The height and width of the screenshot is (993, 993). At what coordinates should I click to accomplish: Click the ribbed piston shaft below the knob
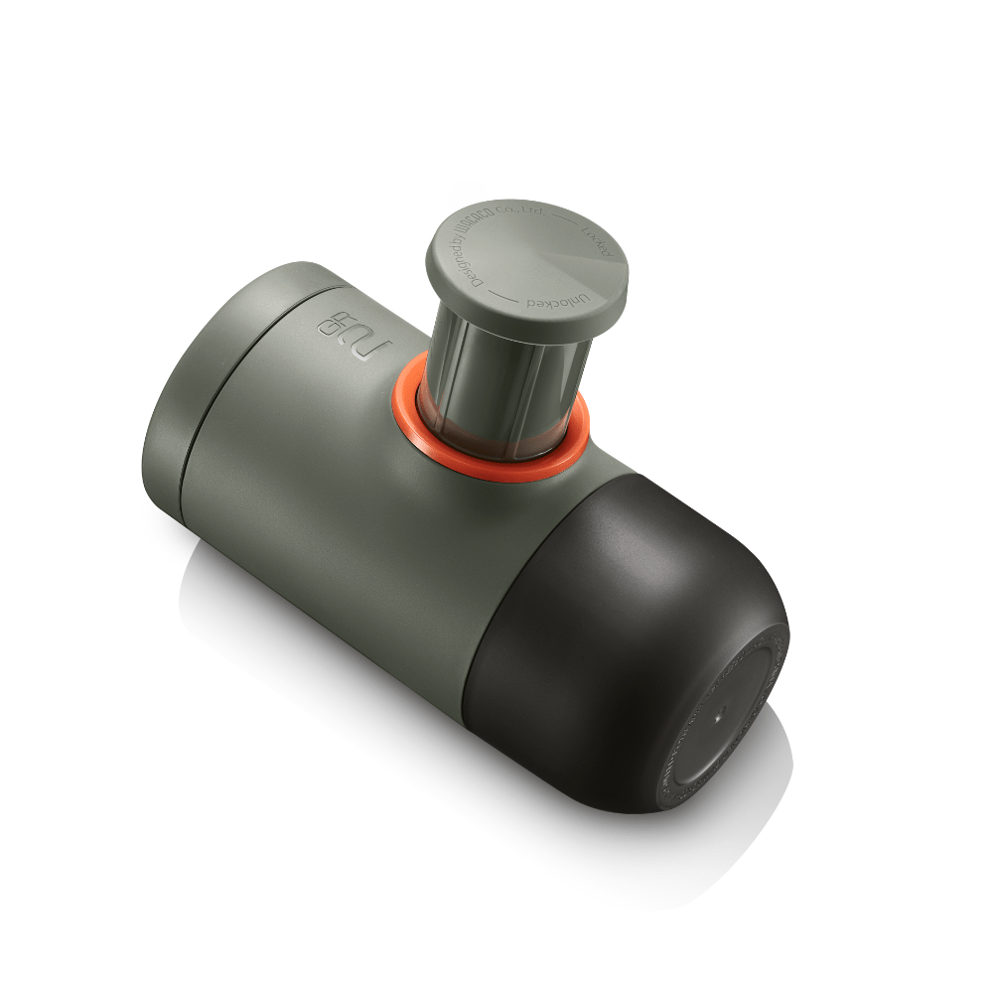pos(496,387)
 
